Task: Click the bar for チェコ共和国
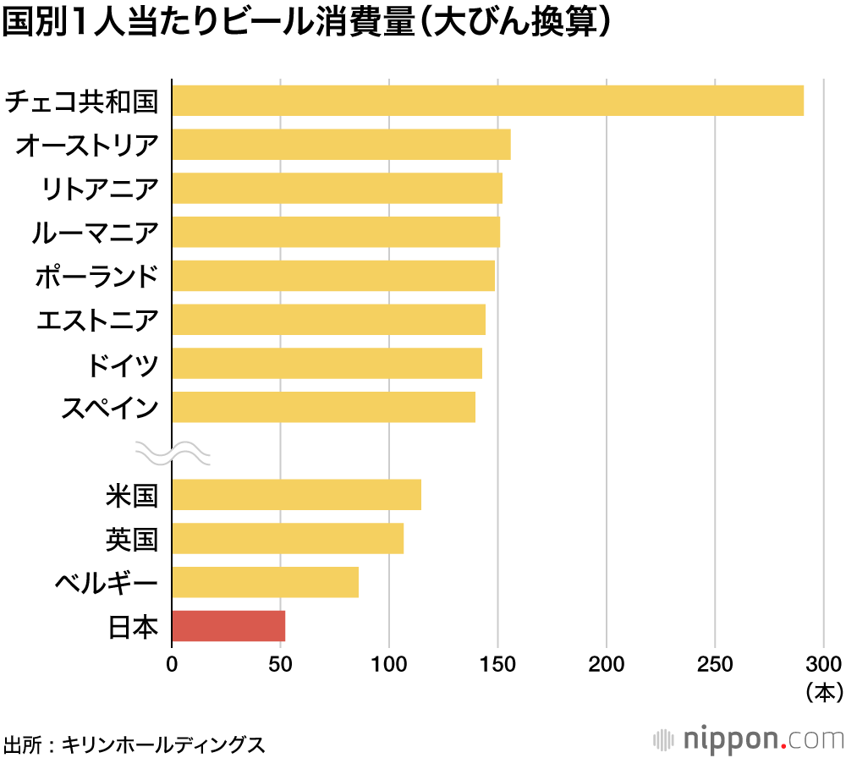click(487, 101)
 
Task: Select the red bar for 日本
click(228, 626)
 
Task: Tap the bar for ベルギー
click(265, 582)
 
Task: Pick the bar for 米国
click(296, 494)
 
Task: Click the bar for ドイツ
click(327, 363)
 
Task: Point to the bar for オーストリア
click(341, 145)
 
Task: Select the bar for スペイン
click(323, 407)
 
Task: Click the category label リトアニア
click(100, 189)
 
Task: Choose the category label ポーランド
click(96, 276)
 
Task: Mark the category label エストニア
click(96, 320)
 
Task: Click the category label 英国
click(132, 538)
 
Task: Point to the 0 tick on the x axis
click(172, 662)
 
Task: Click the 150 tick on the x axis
click(497, 662)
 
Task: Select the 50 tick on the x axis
click(280, 662)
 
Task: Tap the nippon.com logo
click(749, 738)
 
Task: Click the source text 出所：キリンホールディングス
click(134, 744)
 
